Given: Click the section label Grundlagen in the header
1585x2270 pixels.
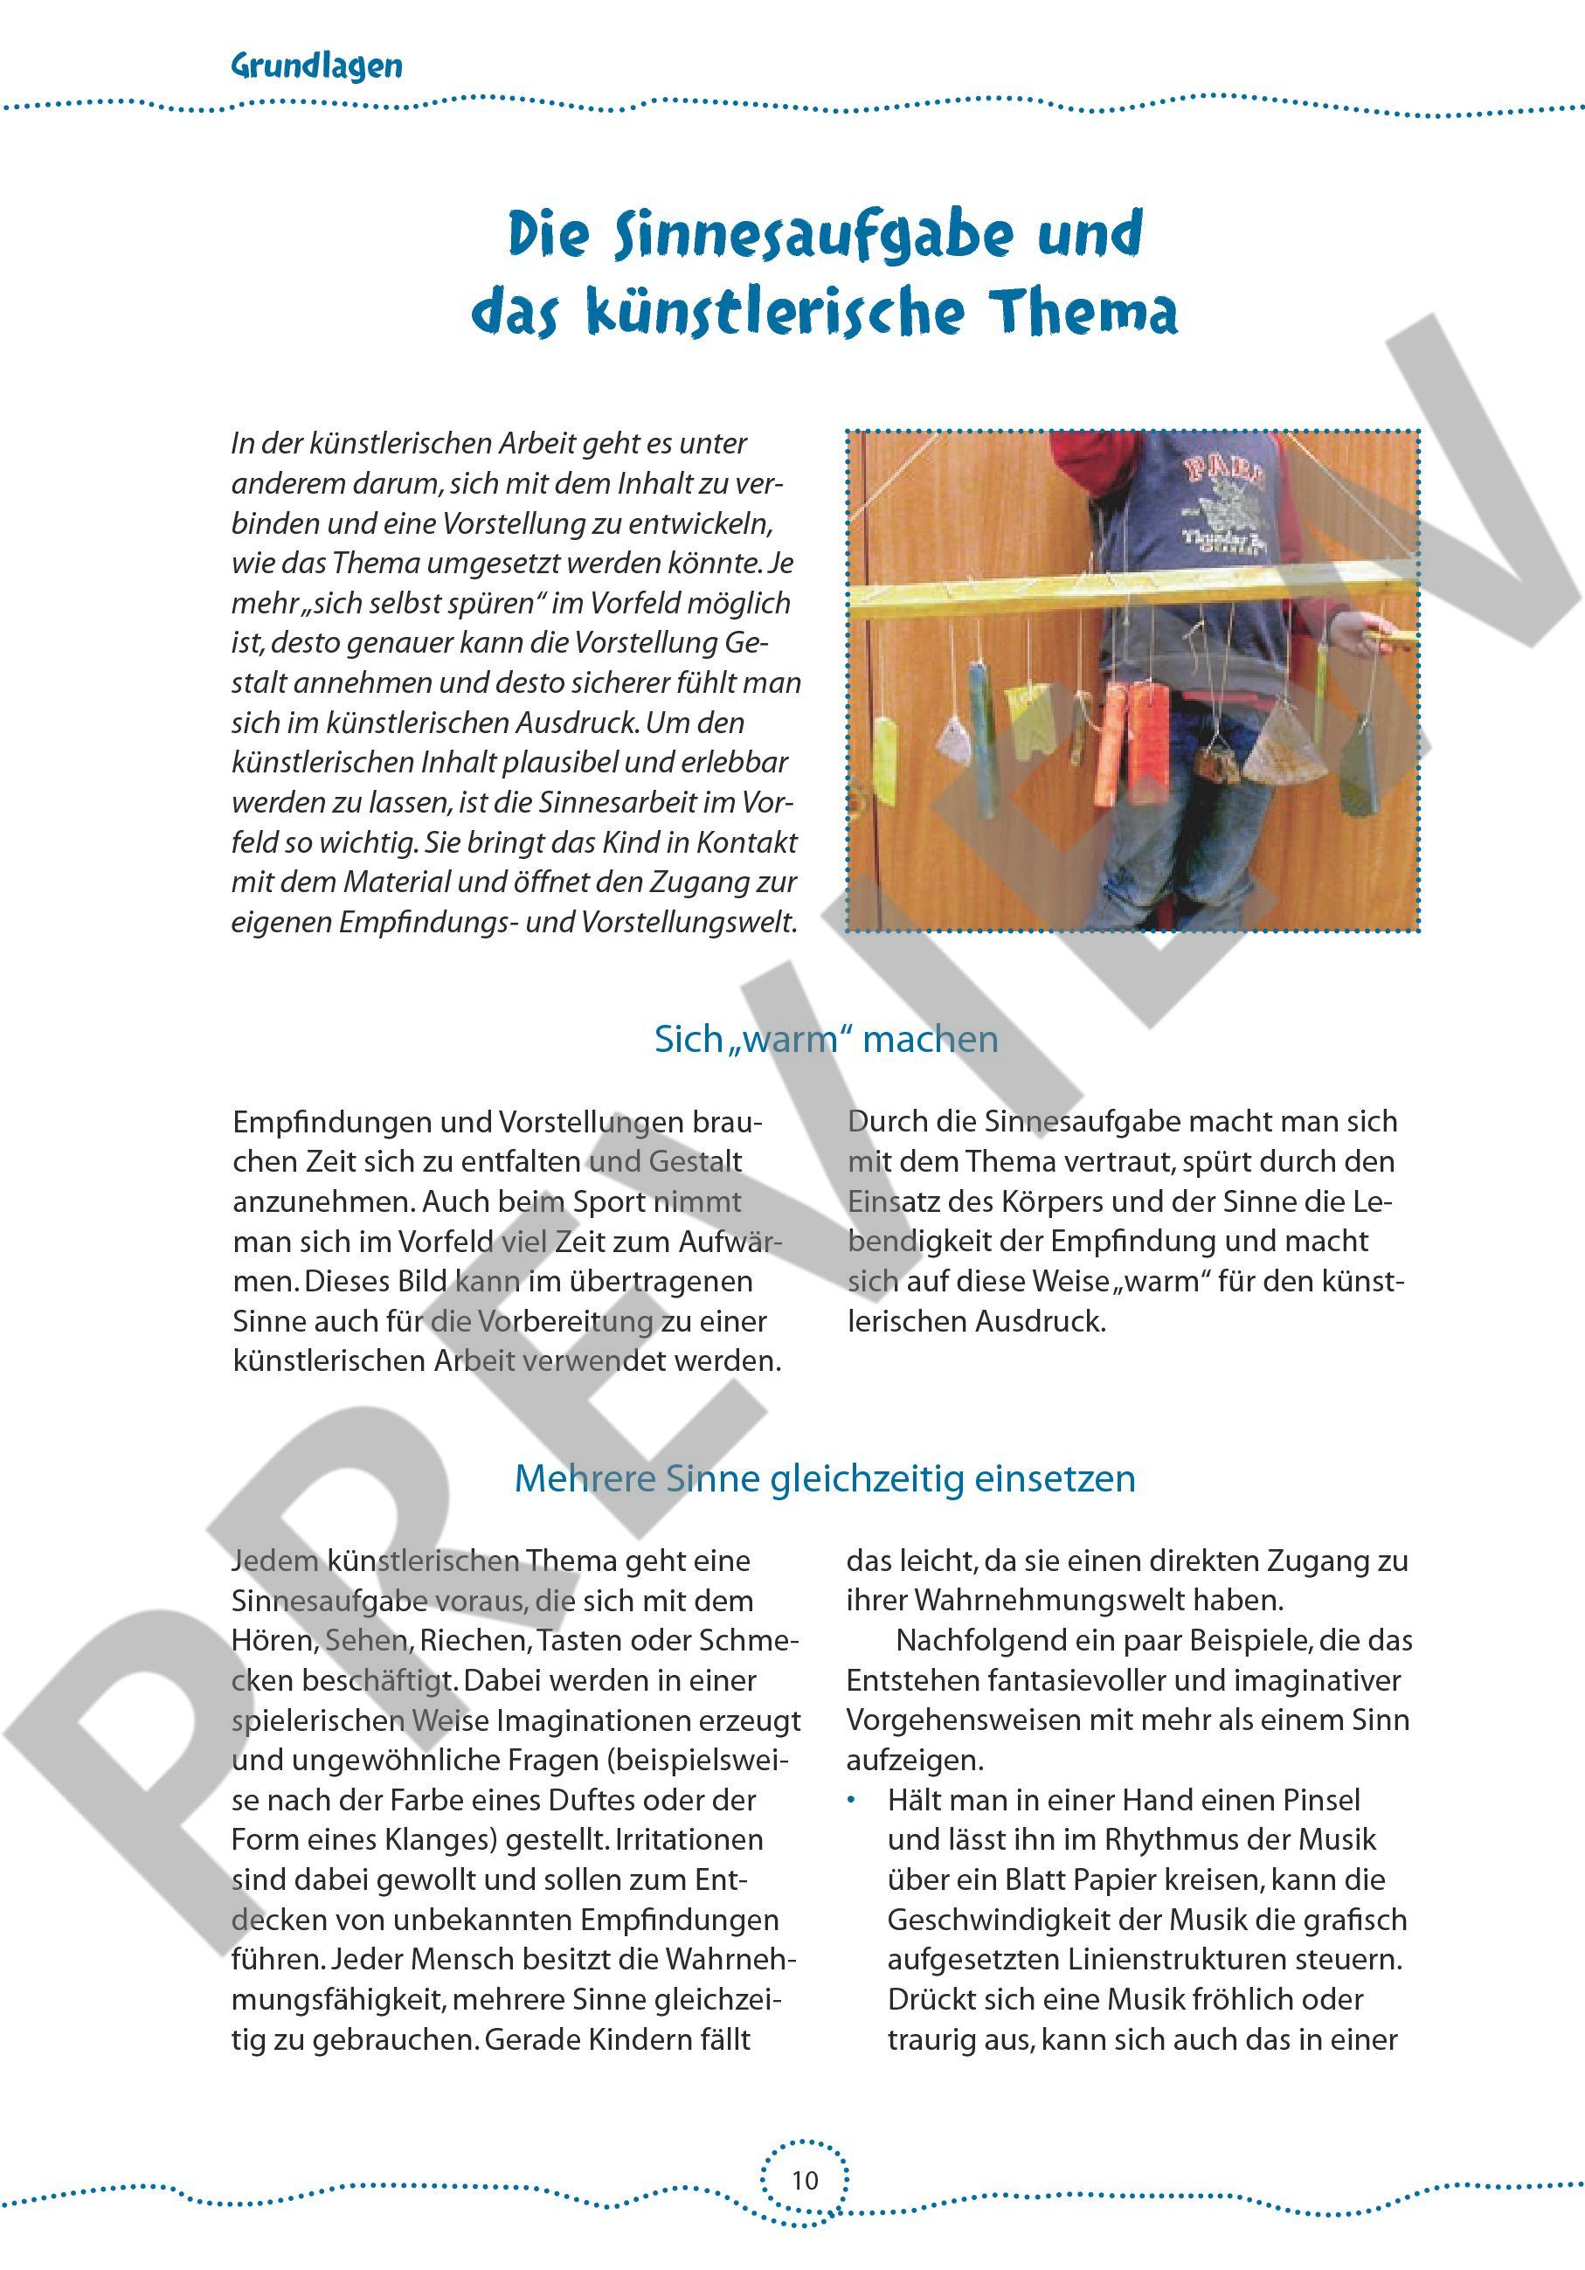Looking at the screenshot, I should tap(316, 66).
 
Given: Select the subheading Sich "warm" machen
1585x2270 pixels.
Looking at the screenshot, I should tap(826, 1039).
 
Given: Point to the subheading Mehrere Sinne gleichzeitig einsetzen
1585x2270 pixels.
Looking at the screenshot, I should tap(826, 1478).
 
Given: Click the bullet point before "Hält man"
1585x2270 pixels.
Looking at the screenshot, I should tap(854, 1801).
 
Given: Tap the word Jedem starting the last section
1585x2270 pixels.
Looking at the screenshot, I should tap(277, 1561).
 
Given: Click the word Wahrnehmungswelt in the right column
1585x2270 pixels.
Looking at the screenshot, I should tap(1049, 1601).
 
